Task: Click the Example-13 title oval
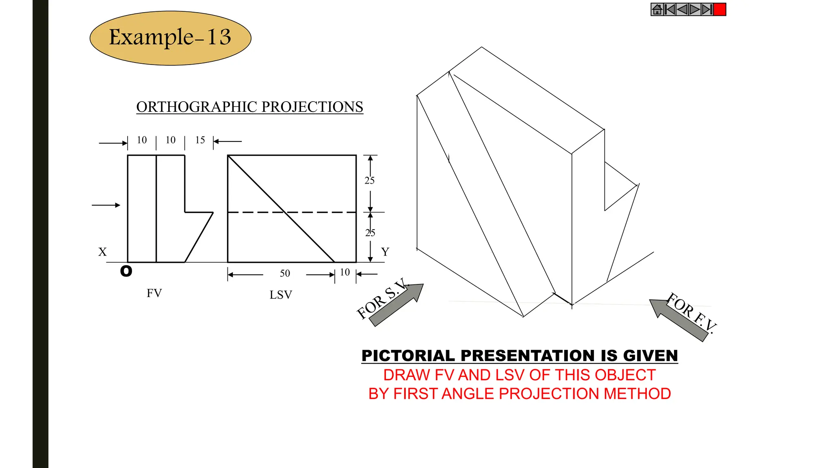[x=170, y=38]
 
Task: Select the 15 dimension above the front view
[x=200, y=140]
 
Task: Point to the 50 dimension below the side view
[x=285, y=273]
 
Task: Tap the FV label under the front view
[x=154, y=293]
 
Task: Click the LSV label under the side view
[x=281, y=295]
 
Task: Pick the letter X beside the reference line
[x=102, y=252]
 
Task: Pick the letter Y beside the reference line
[x=385, y=252]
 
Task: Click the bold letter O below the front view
[x=126, y=271]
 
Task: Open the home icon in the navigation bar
[x=657, y=9]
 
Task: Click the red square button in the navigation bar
[x=719, y=9]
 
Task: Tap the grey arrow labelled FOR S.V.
[x=398, y=305]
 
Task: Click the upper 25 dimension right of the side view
[x=369, y=180]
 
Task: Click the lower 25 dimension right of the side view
[x=370, y=233]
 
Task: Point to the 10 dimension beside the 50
[x=345, y=272]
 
